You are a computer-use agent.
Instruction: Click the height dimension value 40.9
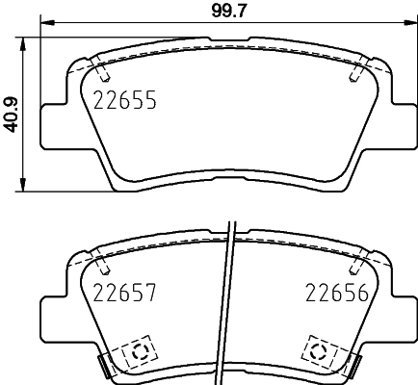(x=11, y=112)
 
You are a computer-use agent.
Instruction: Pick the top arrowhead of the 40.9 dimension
(x=22, y=41)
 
